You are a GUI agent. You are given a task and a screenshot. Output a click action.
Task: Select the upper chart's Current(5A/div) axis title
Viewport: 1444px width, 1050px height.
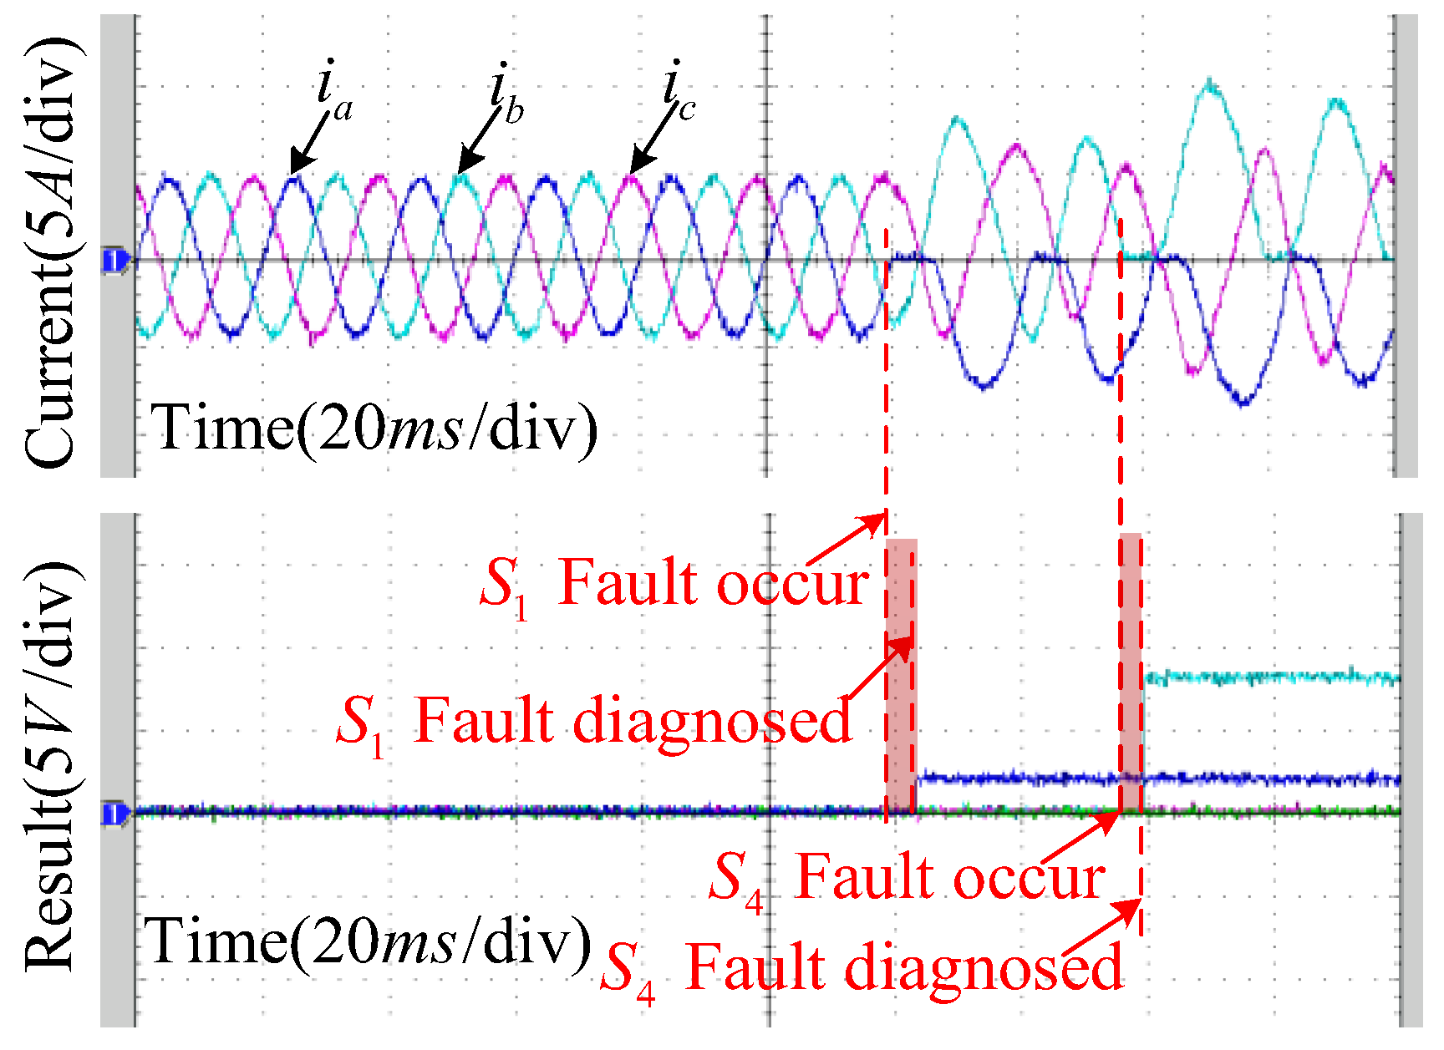tap(52, 251)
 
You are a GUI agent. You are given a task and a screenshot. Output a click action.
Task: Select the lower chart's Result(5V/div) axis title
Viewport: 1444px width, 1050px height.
tap(52, 764)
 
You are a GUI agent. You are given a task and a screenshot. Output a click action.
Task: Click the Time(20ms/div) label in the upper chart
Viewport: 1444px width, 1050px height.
tap(374, 428)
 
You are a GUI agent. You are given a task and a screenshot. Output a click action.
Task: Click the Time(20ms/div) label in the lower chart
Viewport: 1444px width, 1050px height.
tap(368, 941)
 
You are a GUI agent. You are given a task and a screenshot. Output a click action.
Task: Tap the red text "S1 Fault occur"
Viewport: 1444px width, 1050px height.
tap(674, 583)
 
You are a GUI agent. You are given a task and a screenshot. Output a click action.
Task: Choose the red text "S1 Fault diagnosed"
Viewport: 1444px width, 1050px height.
tap(593, 720)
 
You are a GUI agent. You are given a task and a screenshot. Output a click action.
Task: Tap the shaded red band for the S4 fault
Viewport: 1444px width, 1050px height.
tap(1131, 668)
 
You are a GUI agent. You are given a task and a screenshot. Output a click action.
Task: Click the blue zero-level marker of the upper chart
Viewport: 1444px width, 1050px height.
tap(115, 261)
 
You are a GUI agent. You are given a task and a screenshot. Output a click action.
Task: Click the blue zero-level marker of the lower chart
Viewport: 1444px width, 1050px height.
tap(115, 813)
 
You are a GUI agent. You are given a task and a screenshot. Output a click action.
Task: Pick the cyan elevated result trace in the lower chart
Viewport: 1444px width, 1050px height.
tap(1270, 677)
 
